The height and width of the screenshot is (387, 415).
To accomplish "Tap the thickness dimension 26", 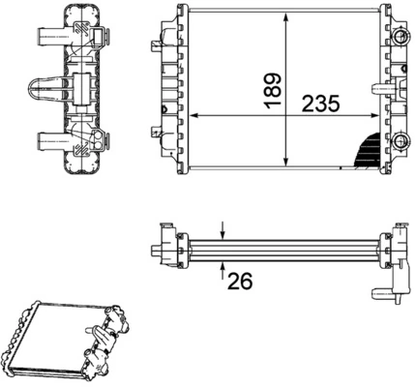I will click(x=240, y=281).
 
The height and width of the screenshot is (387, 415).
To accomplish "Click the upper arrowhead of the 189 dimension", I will click(x=284, y=19).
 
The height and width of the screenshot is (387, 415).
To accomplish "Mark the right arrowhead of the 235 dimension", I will click(x=381, y=115).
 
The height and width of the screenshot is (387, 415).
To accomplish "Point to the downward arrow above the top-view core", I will click(x=223, y=228).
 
